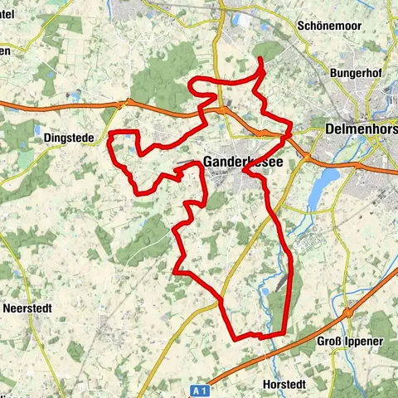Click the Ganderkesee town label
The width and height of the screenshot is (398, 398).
[242, 163]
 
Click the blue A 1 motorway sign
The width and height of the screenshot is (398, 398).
[197, 389]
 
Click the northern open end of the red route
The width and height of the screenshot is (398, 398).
[260, 59]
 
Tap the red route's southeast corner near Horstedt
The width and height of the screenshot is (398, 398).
[284, 333]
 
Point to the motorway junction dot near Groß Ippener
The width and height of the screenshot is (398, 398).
[350, 313]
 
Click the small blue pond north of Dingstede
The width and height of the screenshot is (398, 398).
[37, 130]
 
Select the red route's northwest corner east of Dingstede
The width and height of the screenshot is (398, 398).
[112, 133]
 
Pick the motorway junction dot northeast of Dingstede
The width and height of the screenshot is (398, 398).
[126, 104]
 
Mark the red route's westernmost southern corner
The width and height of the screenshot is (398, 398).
[175, 271]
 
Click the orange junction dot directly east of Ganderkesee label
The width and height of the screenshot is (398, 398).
[306, 156]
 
